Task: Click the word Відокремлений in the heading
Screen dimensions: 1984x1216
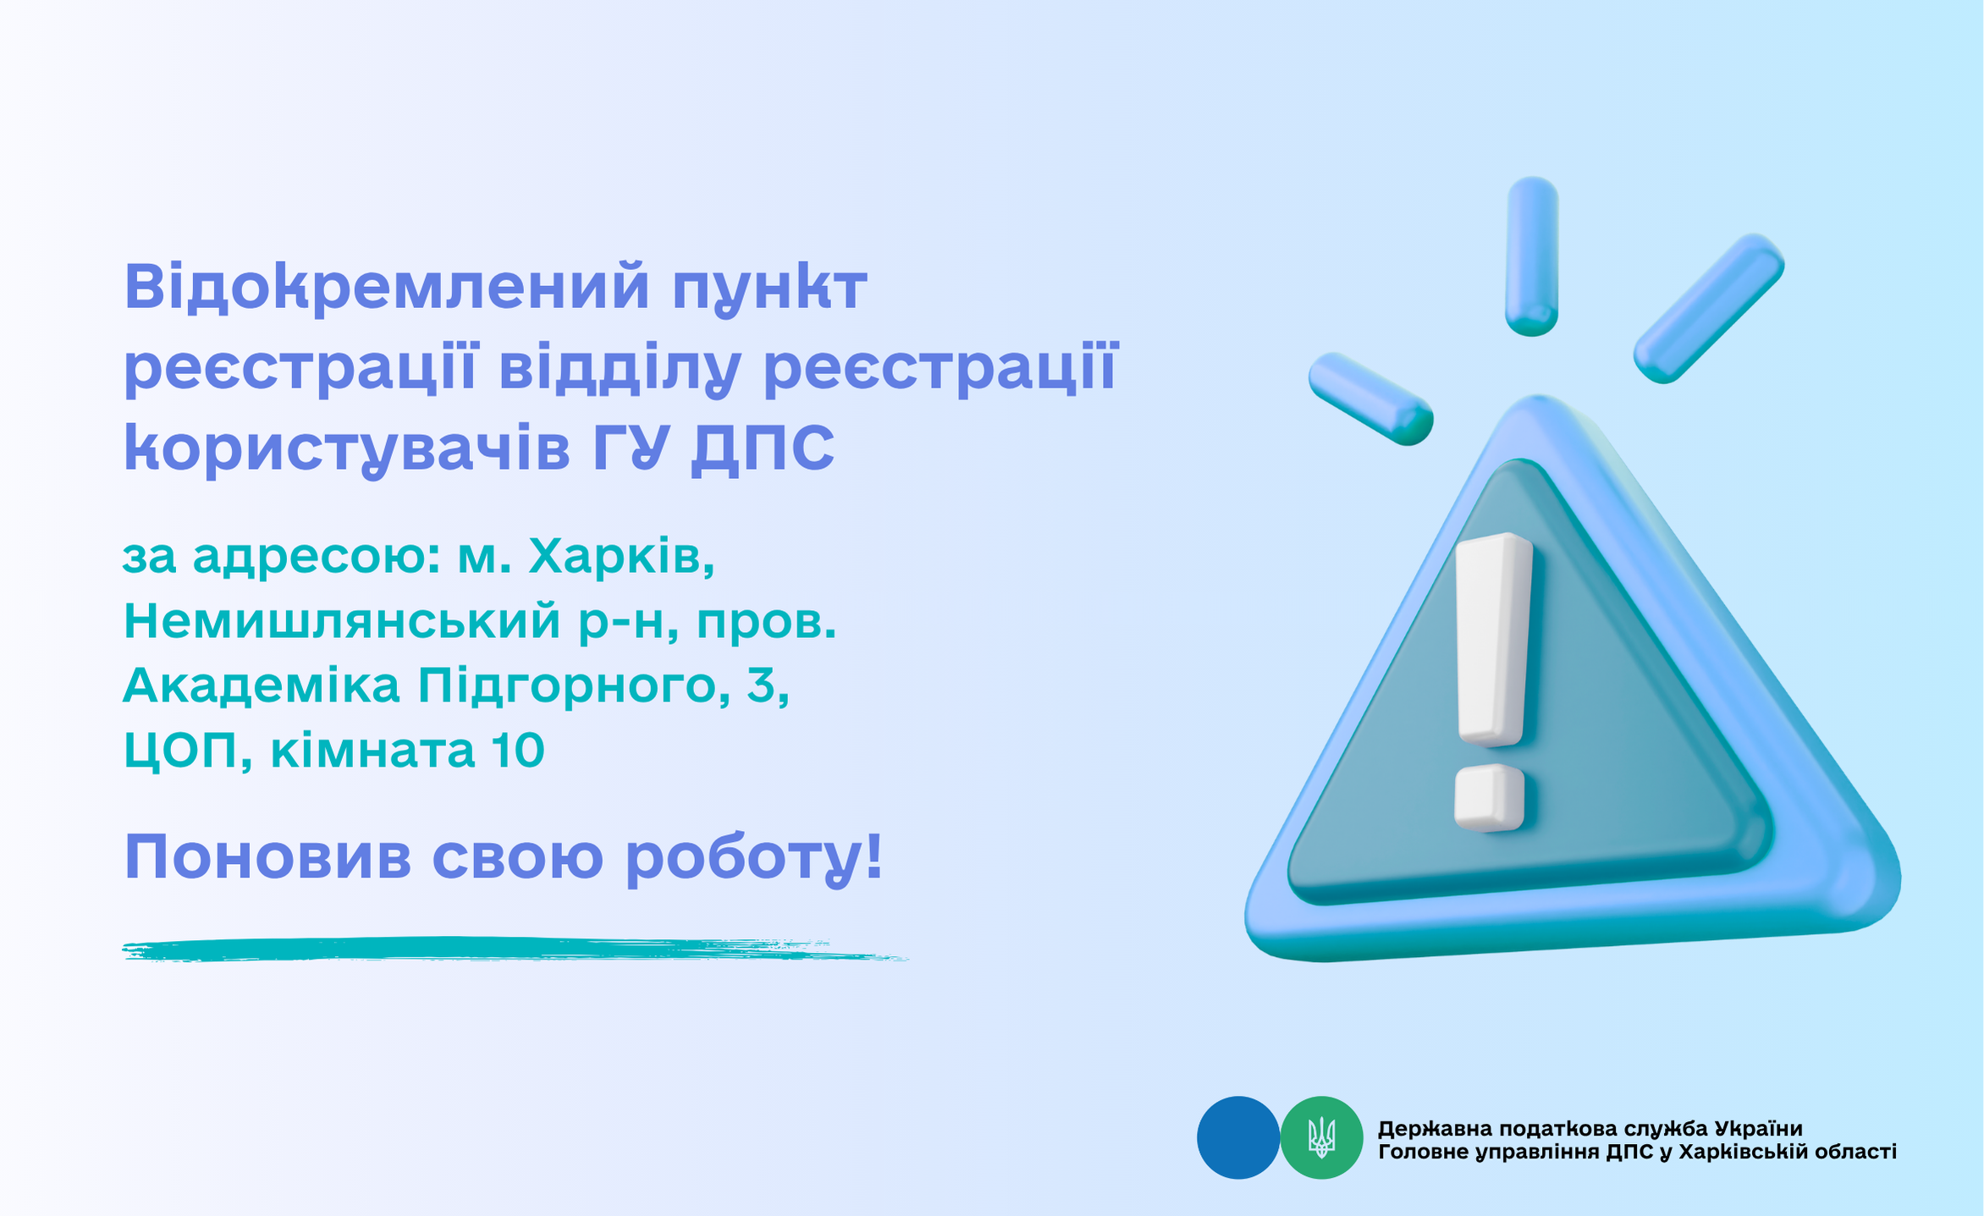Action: coord(387,289)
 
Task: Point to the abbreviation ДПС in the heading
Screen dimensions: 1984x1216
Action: coord(763,448)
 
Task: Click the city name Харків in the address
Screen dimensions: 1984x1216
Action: coord(620,557)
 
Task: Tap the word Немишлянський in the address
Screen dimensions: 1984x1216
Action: coord(342,621)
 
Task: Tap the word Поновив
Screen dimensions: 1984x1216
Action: coord(267,857)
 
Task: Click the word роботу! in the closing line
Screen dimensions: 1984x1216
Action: coord(754,859)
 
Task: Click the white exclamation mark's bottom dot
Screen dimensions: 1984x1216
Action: coord(1489,798)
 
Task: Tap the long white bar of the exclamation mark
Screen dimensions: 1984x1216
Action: coord(1494,640)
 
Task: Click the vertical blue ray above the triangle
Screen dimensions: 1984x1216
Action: coord(1532,256)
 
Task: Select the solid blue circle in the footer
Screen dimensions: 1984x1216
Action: coord(1238,1137)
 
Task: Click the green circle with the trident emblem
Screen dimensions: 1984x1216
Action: coord(1321,1137)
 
